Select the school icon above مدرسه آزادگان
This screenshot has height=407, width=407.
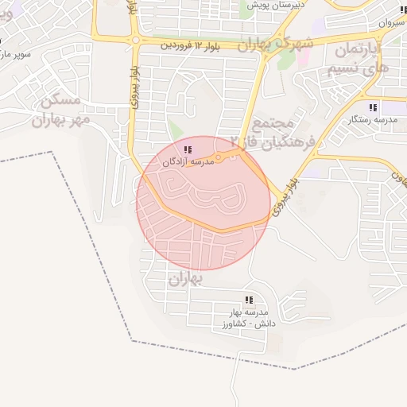coord(187,149)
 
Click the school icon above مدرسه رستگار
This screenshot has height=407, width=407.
coord(372,107)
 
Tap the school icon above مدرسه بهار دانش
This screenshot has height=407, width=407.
coord(249,300)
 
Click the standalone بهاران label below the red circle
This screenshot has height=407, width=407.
coord(186,280)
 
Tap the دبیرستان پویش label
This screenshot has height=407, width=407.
coord(277,6)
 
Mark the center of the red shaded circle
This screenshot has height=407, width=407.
coord(203,203)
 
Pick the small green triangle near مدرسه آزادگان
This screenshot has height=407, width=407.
coord(175,130)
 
